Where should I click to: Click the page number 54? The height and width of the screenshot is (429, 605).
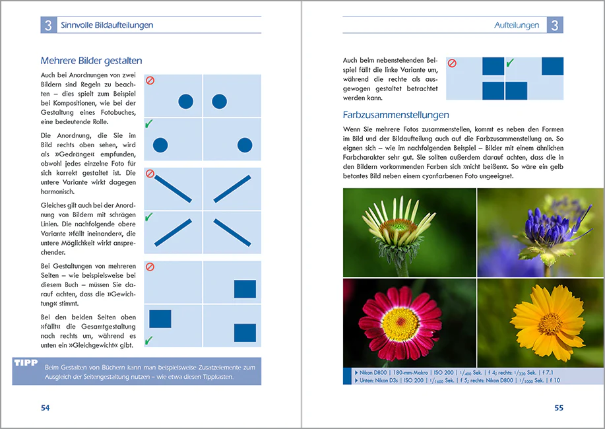point(45,408)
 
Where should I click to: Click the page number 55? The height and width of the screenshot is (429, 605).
point(559,408)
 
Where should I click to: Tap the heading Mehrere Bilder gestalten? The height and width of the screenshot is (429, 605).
point(92,61)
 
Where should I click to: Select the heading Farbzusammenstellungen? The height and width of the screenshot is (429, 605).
point(396,115)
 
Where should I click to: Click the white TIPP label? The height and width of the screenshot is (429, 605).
point(26,362)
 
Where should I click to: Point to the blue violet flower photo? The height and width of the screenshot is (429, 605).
point(540,232)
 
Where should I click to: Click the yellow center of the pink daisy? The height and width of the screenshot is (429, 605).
point(400,321)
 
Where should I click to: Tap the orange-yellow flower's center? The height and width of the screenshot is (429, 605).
point(550,323)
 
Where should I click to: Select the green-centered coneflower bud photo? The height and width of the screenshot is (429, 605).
point(409,232)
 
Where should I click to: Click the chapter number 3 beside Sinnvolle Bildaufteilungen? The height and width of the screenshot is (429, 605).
point(48,25)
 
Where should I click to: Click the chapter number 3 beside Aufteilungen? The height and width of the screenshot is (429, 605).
point(555,25)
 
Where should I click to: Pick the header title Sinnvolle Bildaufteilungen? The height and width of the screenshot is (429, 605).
point(107,25)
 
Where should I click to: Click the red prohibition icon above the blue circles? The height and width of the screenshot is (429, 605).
point(150,81)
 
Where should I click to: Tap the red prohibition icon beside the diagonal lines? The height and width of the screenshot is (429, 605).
point(150,174)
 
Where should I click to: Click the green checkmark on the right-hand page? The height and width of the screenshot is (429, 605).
point(510,63)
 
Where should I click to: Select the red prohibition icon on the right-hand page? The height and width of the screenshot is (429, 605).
point(452,63)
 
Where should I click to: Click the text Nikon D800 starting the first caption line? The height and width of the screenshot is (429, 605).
point(373,373)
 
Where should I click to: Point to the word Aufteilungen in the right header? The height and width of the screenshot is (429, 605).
point(517,25)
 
